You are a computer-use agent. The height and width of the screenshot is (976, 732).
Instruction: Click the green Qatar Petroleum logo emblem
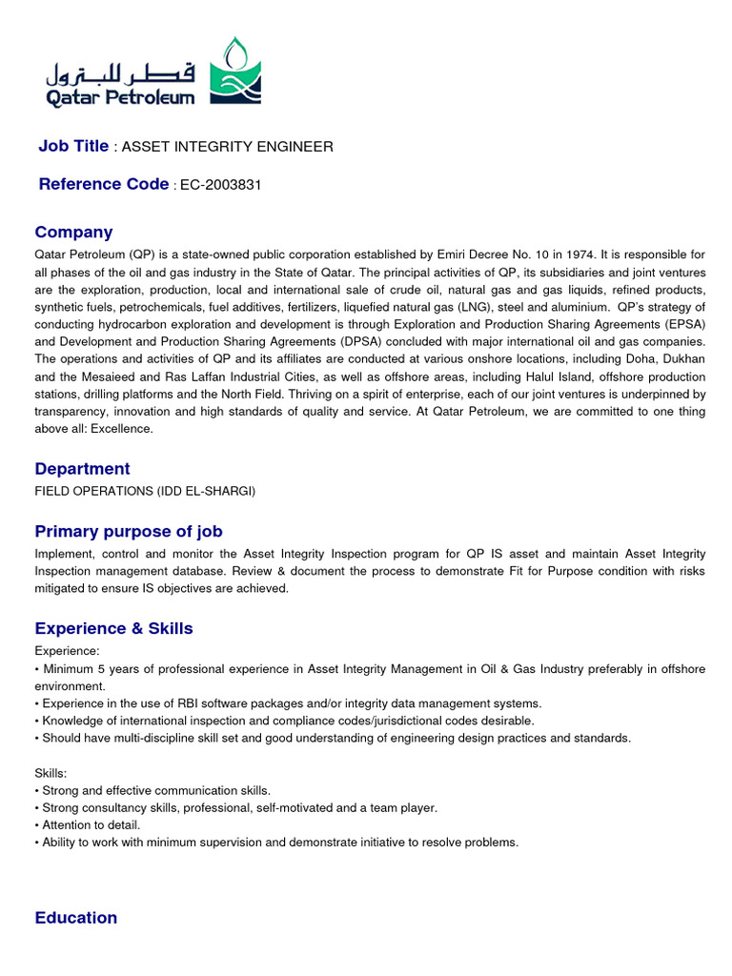234,72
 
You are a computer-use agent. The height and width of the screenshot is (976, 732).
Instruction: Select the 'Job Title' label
73,146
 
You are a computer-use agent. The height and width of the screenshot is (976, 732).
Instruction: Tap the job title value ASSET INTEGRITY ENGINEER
228,147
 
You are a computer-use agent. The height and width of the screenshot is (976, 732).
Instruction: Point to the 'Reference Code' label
103,184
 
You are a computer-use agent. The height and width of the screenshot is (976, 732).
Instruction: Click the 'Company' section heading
73,233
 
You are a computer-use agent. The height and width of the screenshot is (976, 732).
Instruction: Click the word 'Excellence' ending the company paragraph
121,429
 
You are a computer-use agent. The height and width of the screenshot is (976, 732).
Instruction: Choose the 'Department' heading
82,469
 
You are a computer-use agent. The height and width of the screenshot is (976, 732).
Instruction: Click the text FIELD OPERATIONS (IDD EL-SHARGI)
145,492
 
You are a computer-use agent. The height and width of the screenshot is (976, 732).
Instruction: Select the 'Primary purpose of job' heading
129,531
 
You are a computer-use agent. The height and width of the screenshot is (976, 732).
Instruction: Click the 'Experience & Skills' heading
113,628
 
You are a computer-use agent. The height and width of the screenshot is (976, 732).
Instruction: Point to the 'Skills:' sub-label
51,774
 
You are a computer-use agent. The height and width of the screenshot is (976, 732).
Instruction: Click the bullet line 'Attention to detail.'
91,825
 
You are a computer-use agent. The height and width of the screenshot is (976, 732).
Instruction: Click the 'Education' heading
76,918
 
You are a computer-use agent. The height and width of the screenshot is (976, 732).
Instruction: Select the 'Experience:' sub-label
67,652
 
